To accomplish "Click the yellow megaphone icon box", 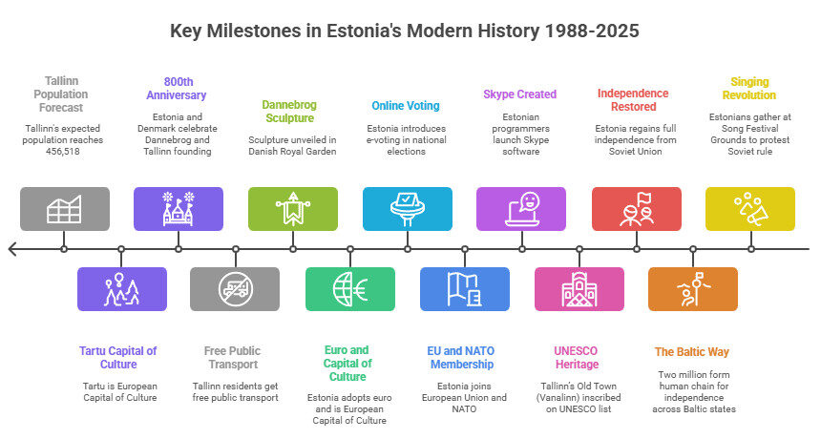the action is click(749, 209).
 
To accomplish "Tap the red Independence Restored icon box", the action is click(636, 209).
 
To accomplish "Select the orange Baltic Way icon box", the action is click(693, 289).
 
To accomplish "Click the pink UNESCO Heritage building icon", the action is click(579, 289).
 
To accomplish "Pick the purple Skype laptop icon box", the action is click(521, 209).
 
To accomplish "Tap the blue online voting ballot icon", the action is click(408, 209).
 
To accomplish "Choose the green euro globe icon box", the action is click(350, 289).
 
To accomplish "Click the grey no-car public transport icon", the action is click(235, 289).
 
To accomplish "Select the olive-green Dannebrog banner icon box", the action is click(293, 209).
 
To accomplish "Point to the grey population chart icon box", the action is click(65, 209).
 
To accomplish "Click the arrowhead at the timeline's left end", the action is click(11, 249).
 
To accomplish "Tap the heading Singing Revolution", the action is click(749, 89).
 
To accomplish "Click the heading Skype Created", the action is click(520, 94).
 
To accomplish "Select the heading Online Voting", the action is click(406, 106).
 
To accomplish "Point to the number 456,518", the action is click(63, 151).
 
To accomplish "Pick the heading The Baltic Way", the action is click(692, 351).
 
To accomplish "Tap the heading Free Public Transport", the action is click(233, 357).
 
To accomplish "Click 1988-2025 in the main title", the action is click(592, 31).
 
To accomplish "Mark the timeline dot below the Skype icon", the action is click(521, 249).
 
